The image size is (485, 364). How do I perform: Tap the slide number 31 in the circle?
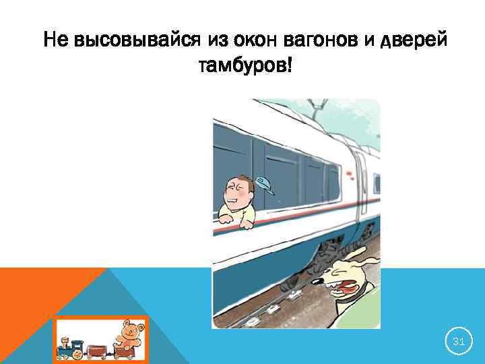click(458, 342)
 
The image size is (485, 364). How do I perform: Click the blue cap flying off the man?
click(265, 185)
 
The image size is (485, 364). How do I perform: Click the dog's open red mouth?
click(346, 289)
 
